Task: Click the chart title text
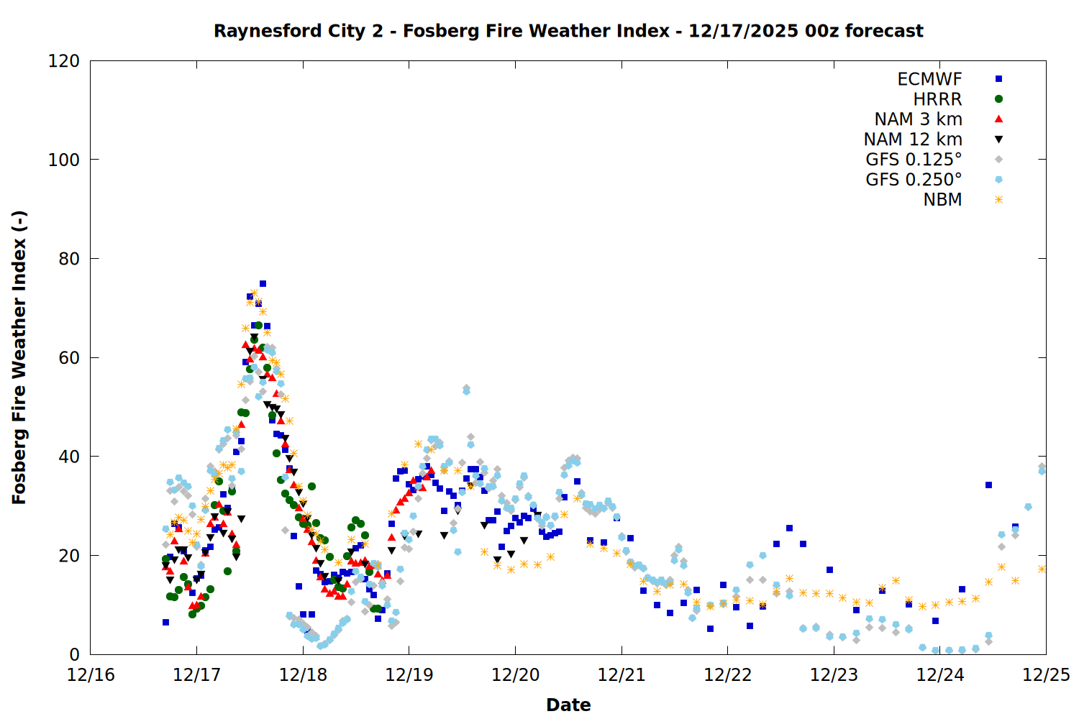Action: click(x=568, y=31)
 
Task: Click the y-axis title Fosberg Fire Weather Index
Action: click(x=19, y=357)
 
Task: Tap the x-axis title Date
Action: click(x=568, y=705)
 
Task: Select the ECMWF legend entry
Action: click(x=929, y=79)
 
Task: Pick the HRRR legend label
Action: click(x=937, y=99)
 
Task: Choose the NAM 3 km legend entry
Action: click(x=918, y=119)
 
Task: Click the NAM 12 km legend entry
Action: click(x=913, y=139)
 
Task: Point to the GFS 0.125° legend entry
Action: click(x=914, y=160)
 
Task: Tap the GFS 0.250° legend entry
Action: click(x=914, y=180)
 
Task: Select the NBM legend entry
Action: click(x=942, y=200)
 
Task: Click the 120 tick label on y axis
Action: click(x=64, y=61)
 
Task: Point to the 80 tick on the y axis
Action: click(x=69, y=259)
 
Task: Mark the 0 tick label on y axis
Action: click(x=74, y=655)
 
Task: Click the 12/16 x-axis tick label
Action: click(x=91, y=675)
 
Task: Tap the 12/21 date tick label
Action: click(x=622, y=675)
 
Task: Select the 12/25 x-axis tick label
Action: click(x=1046, y=675)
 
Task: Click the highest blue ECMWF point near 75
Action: click(x=263, y=284)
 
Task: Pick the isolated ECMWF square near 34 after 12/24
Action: click(x=988, y=485)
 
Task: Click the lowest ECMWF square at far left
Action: click(x=165, y=622)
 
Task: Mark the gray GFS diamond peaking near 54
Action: click(x=466, y=388)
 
